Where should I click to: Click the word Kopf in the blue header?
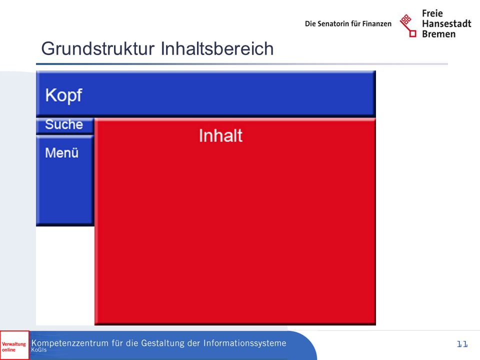click(63, 95)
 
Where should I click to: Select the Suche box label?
click(64, 124)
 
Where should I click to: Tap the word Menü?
click(62, 153)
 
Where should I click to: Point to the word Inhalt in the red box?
click(220, 135)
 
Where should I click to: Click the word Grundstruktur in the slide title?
click(98, 49)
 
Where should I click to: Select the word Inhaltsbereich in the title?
click(217, 48)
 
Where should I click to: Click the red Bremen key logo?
click(408, 25)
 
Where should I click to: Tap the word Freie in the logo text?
click(432, 13)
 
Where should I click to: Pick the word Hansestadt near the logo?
click(446, 23)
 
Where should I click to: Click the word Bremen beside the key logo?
click(438, 34)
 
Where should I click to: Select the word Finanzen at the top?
click(377, 24)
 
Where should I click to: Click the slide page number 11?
click(462, 344)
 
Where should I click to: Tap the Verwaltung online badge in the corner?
click(14, 345)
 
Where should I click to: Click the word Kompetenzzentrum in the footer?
click(70, 343)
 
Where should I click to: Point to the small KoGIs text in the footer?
click(39, 350)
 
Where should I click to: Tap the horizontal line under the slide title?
click(242, 64)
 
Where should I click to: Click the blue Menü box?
click(65, 180)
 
